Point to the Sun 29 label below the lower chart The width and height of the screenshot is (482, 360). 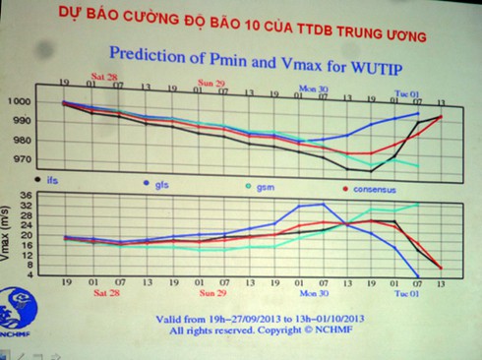click(x=213, y=292)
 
